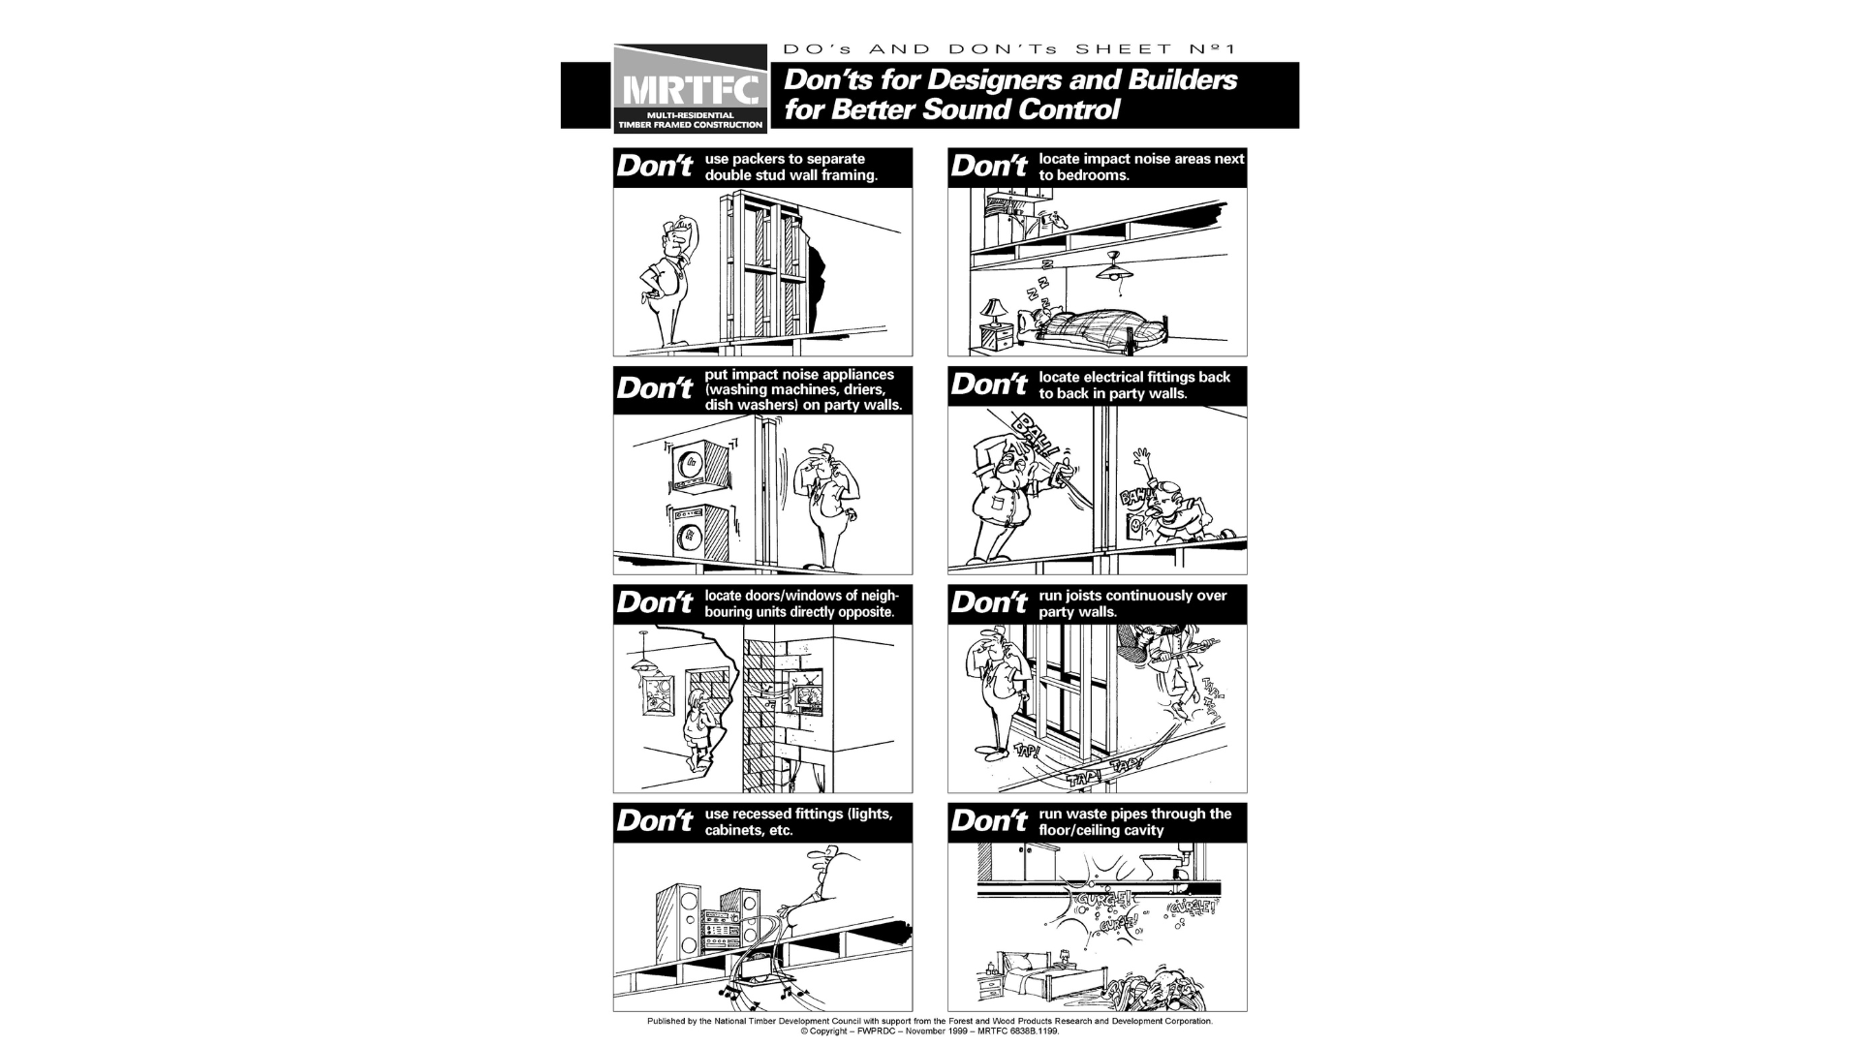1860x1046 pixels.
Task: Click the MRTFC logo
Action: coord(690,89)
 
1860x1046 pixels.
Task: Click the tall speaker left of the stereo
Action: coord(679,919)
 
